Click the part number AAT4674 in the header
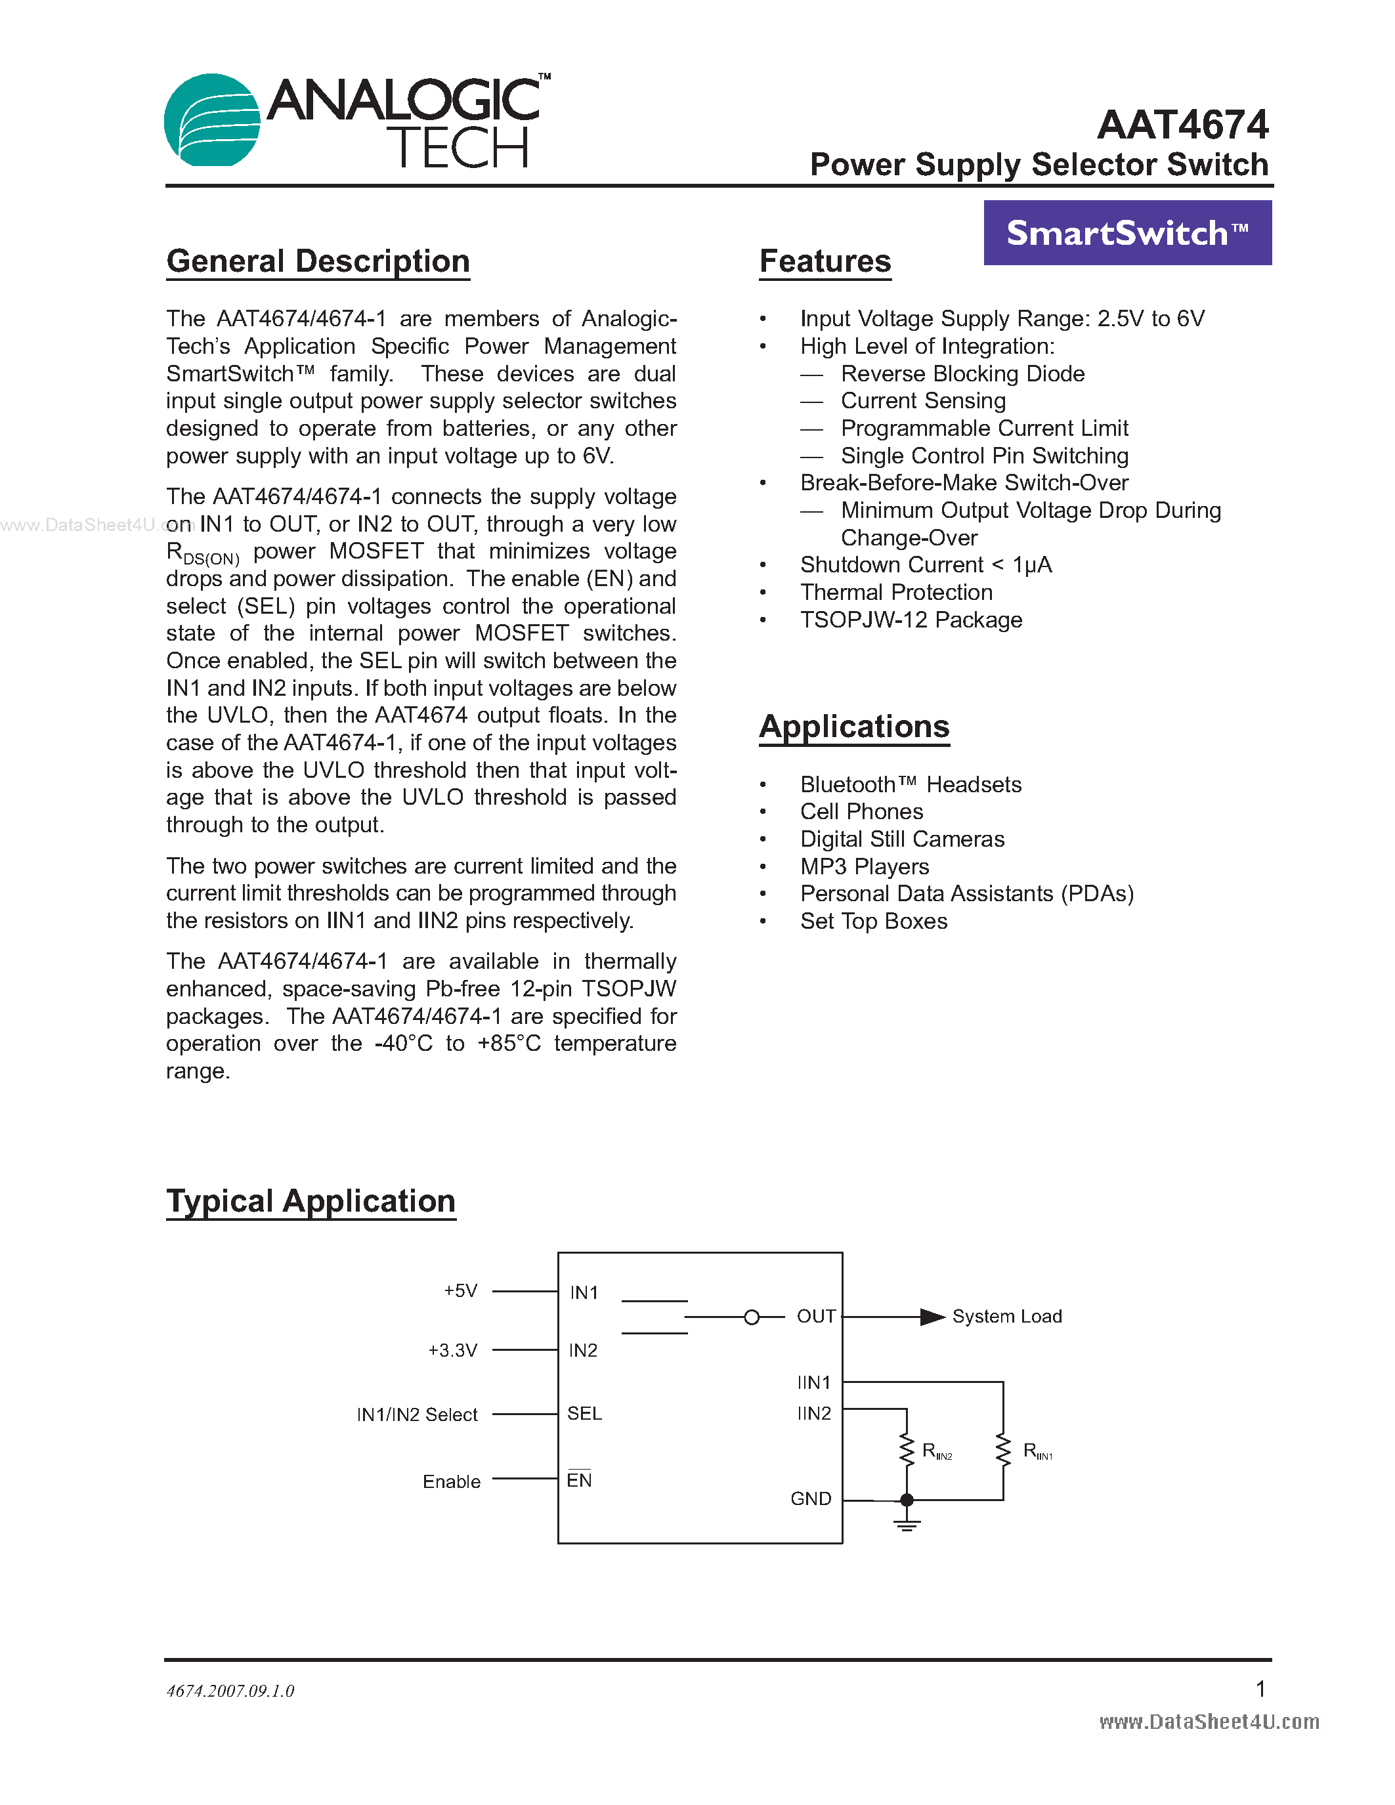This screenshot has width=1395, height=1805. pos(1182,125)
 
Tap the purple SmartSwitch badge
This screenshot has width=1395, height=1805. pos(1127,233)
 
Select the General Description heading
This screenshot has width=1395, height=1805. pos(318,261)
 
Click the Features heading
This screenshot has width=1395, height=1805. pos(825,261)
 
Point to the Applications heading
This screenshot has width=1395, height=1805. pos(855,727)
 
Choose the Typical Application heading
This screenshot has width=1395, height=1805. pos(311,1201)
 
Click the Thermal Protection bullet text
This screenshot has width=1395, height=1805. pos(896,593)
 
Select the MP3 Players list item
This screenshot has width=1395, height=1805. pos(865,866)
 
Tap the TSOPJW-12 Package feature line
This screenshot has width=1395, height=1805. pos(911,620)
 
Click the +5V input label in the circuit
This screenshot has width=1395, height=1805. pos(460,1291)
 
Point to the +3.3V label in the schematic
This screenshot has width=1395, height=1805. pos(452,1350)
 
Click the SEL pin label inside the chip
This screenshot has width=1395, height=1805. pos(584,1414)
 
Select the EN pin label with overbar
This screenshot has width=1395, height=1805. pos(579,1480)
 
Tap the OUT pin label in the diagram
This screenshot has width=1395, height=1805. pos(816,1317)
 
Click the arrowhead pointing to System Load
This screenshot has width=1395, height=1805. pos(932,1317)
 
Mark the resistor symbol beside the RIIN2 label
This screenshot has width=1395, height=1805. pos(907,1451)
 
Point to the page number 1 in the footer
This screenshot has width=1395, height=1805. pos(1260,1688)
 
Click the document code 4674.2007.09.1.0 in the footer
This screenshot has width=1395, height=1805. pos(230,1691)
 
